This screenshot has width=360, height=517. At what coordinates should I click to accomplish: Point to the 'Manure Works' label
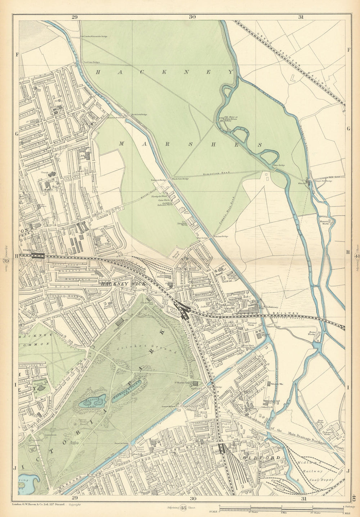coord(325,222)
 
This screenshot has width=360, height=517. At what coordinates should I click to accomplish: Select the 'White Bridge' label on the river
coord(279,166)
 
